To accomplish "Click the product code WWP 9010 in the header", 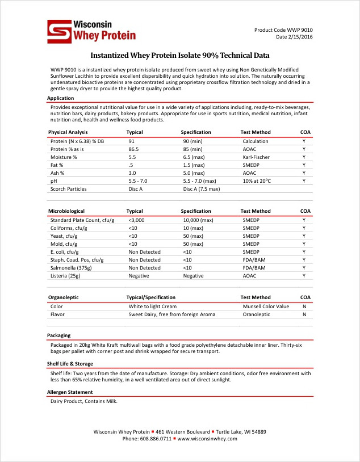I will pyautogui.click(x=283, y=30).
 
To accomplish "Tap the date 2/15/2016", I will pyautogui.click(x=294, y=37).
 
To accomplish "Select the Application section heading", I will pyautogui.click(x=60, y=98).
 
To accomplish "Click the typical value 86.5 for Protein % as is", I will pyautogui.click(x=134, y=149).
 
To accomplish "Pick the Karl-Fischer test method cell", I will pyautogui.click(x=256, y=157).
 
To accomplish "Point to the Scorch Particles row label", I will pyautogui.click(x=69, y=188).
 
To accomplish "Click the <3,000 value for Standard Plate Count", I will pyautogui.click(x=137, y=220).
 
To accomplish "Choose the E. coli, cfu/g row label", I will pyautogui.click(x=65, y=251).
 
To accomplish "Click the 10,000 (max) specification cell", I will pyautogui.click(x=198, y=220).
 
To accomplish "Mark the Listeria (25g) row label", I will pyautogui.click(x=65, y=275).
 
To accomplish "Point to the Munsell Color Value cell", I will pyautogui.click(x=266, y=306).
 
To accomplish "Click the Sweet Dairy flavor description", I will pyautogui.click(x=172, y=314).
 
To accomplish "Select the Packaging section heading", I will pyautogui.click(x=59, y=335).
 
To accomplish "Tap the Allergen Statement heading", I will pyautogui.click(x=70, y=392).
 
